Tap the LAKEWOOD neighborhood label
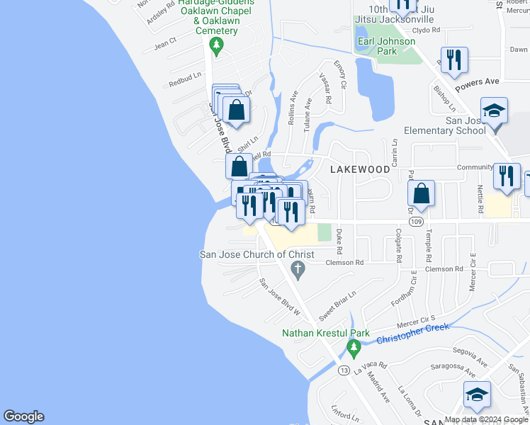[x=360, y=169]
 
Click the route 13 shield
[x=344, y=370]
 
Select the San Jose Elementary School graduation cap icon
[x=494, y=112]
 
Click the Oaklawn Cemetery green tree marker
[x=218, y=47]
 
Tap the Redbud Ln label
[x=185, y=79]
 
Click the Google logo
[x=24, y=416]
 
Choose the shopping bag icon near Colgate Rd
[x=422, y=194]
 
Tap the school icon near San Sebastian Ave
[x=477, y=395]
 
